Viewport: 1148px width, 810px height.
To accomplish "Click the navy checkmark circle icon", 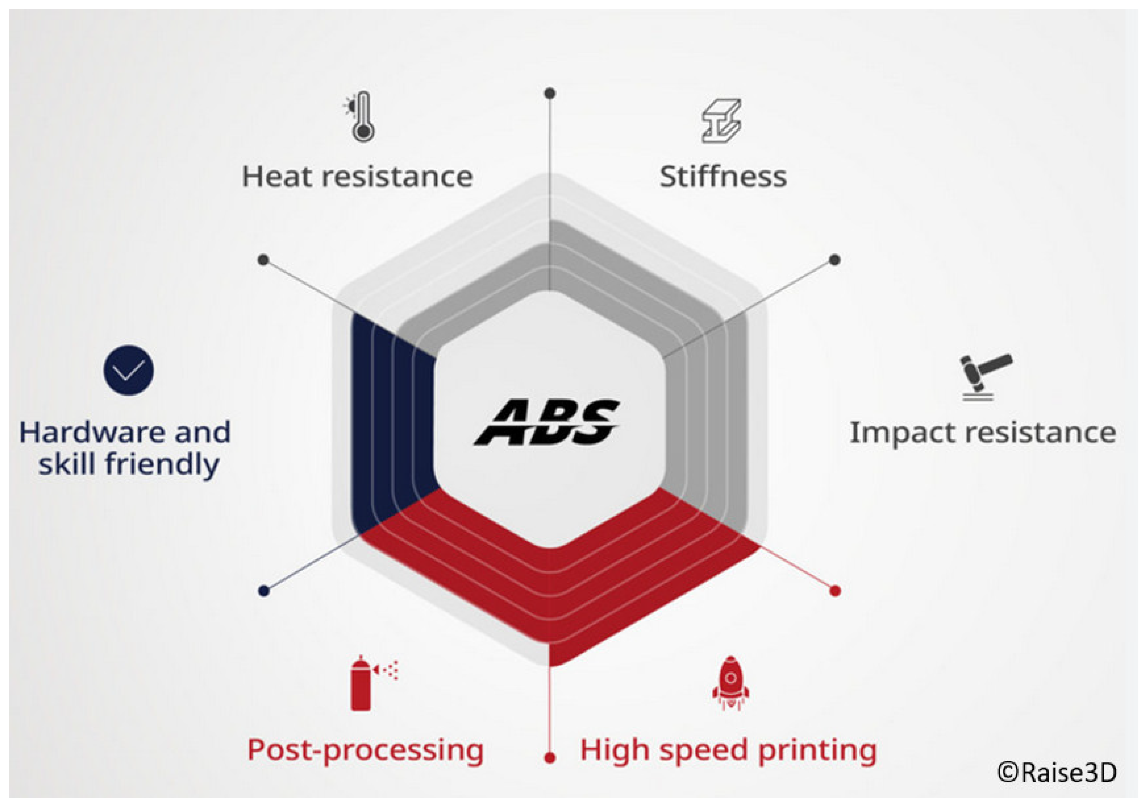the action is click(128, 370).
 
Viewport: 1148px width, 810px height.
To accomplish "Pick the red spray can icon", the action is click(373, 683).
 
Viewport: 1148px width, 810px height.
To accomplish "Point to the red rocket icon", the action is click(731, 683).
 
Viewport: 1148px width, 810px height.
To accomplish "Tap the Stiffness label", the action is click(723, 177).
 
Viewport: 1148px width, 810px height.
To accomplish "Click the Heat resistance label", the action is click(358, 177).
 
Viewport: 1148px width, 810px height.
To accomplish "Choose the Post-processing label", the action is click(365, 751).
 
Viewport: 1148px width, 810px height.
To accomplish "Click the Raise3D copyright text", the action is click(1057, 772).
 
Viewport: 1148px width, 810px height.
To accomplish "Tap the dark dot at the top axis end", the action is click(550, 93).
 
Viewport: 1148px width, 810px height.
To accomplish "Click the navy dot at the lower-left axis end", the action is click(264, 591).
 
